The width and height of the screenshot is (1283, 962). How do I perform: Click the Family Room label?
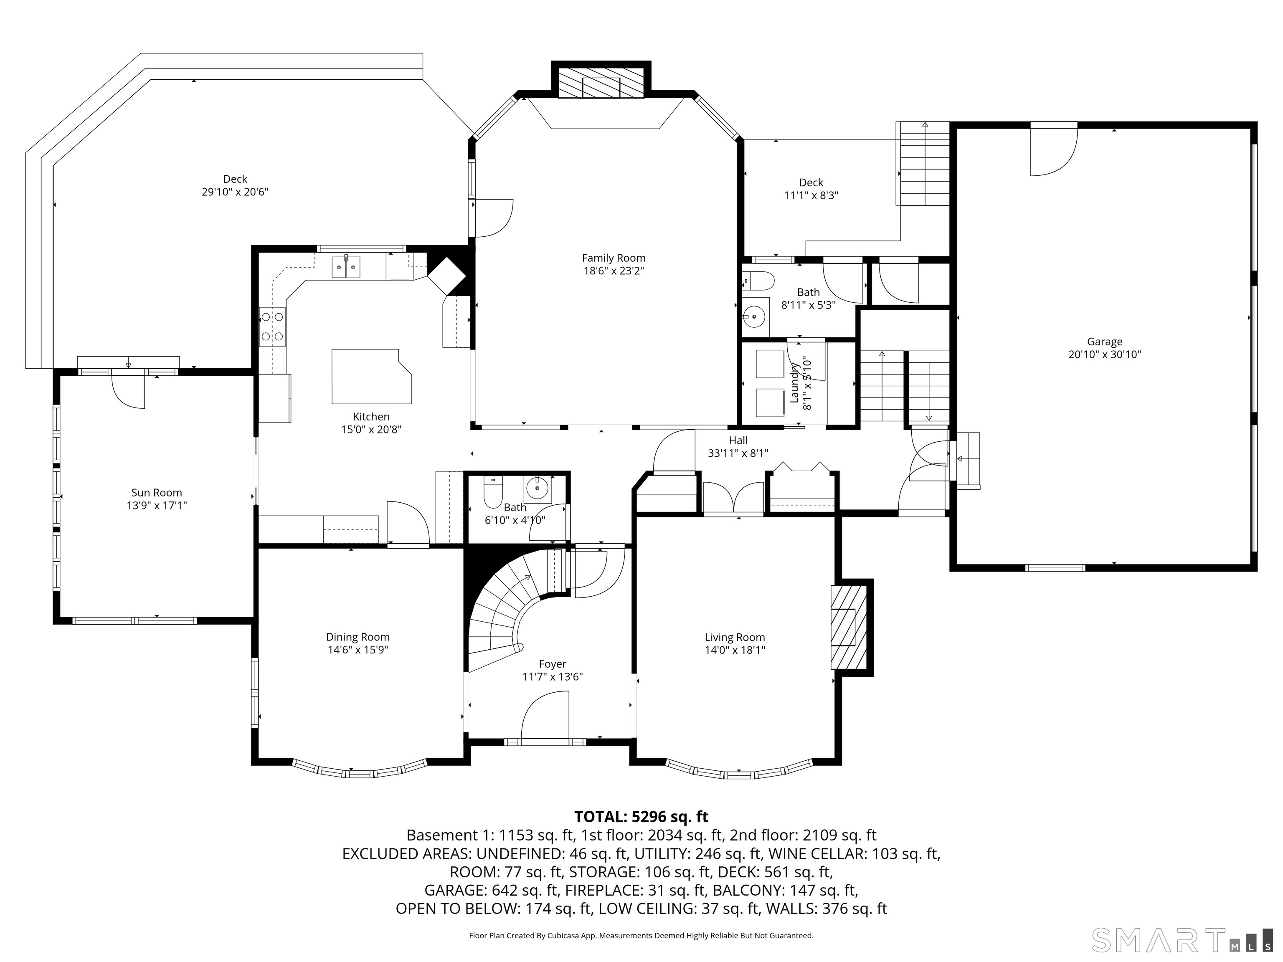pos(613,258)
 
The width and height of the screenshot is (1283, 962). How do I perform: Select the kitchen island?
pos(371,376)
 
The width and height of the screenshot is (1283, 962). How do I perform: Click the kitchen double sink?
pos(346,267)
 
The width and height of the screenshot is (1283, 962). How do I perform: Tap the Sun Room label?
pos(157,493)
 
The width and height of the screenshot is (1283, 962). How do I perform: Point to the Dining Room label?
pos(358,637)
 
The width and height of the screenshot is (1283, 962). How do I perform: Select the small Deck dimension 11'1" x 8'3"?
pos(811,195)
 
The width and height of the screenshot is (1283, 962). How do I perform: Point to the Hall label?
pos(738,440)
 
